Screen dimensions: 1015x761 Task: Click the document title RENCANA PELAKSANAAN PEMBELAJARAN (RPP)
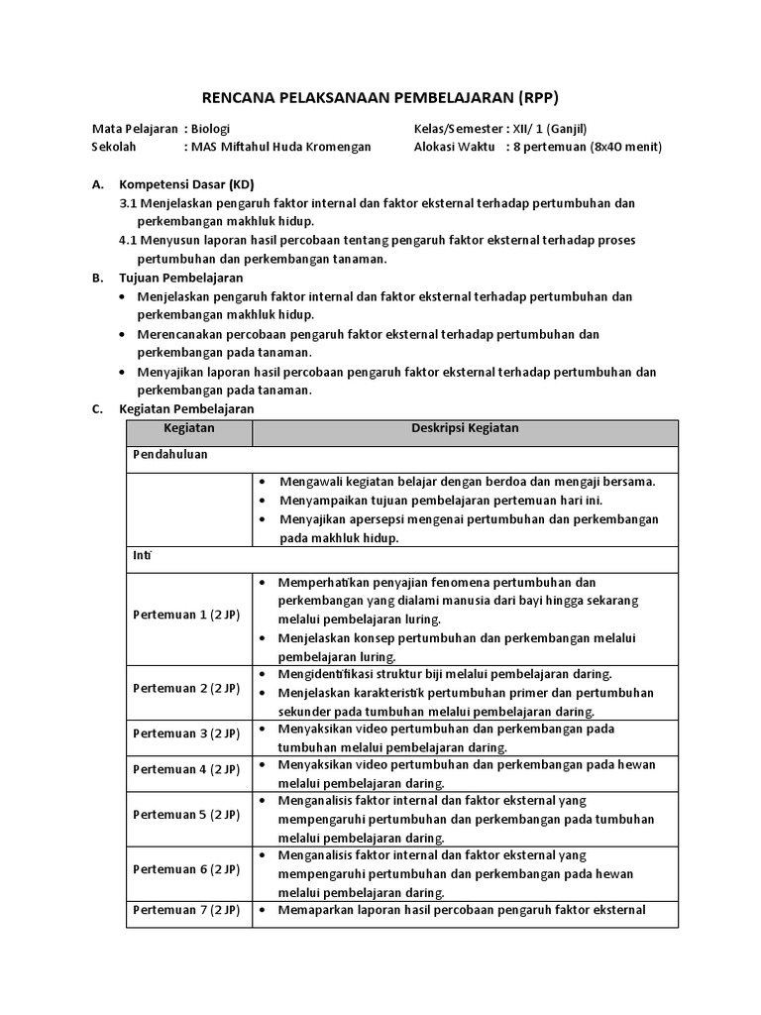pos(380,97)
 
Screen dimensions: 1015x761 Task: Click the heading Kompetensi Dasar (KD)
pos(186,184)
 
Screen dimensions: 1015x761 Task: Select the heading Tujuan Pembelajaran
pos(181,278)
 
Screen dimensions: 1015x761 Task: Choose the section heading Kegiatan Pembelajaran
pos(186,408)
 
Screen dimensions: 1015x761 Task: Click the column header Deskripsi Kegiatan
pos(465,428)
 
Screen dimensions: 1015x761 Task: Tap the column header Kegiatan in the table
pos(189,428)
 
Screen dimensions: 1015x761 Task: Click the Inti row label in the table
pos(142,556)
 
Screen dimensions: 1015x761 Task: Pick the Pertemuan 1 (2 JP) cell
pos(186,615)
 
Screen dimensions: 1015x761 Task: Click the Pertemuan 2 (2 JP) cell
pos(186,688)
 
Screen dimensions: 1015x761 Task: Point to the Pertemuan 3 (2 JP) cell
pos(186,733)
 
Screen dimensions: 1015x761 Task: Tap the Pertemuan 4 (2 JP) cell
pos(186,769)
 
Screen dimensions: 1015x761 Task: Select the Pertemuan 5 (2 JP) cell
pos(186,815)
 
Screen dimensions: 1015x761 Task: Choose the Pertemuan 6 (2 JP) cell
pos(186,869)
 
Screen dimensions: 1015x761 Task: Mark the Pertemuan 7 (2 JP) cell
pos(186,910)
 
